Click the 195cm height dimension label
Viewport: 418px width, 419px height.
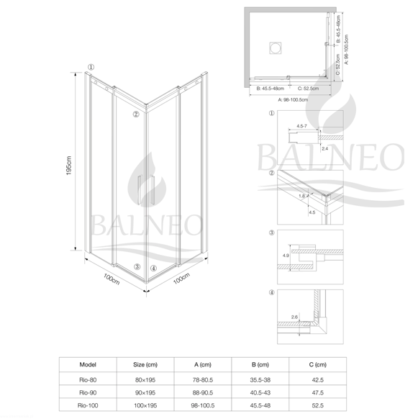pyautogui.click(x=69, y=166)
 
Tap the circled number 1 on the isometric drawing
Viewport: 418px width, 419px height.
pyautogui.click(x=91, y=67)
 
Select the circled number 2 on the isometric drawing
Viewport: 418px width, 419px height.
pyautogui.click(x=136, y=114)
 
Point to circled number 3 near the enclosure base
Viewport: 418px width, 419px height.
pyautogui.click(x=137, y=266)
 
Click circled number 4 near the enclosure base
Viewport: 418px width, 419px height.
pyautogui.click(x=153, y=268)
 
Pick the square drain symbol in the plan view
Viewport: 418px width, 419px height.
pyautogui.click(x=275, y=48)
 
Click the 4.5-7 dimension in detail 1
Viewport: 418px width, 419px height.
pyautogui.click(x=301, y=126)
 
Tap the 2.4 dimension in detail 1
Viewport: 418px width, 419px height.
pyautogui.click(x=324, y=148)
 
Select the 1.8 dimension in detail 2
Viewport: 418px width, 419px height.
pyautogui.click(x=301, y=196)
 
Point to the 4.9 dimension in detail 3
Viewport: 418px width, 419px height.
pyautogui.click(x=286, y=256)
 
